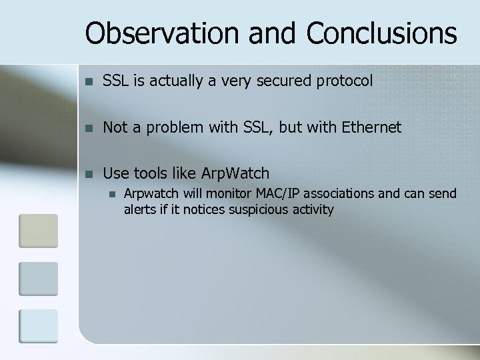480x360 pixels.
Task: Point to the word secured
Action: click(278, 81)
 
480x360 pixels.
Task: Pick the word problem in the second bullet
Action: click(171, 128)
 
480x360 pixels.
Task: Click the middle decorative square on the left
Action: click(38, 279)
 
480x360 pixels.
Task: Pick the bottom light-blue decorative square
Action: click(38, 326)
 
